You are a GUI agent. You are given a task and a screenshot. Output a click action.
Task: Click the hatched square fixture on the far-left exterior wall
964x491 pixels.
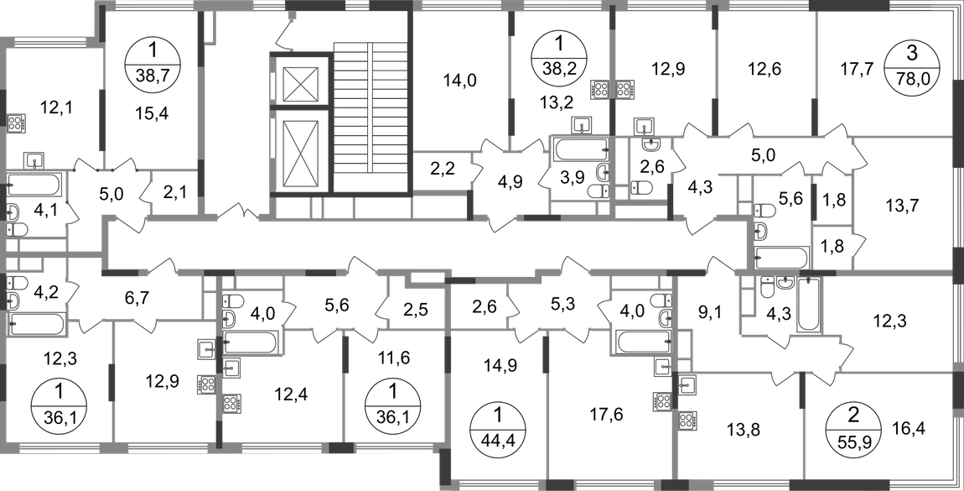pos(19,123)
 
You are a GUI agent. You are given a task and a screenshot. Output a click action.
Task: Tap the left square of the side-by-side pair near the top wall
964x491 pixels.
pos(600,86)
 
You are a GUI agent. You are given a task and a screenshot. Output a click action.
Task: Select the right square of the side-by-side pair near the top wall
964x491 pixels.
pos(625,86)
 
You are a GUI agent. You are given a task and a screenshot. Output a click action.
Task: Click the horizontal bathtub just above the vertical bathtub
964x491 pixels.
pos(782,253)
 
